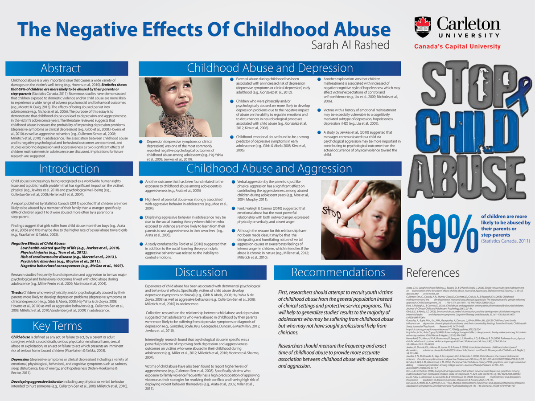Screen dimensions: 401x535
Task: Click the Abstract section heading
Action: (61, 68)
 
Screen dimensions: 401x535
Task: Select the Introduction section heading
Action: (62, 169)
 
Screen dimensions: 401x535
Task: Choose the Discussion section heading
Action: (202, 272)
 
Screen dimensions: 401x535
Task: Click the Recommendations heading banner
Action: (338, 272)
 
